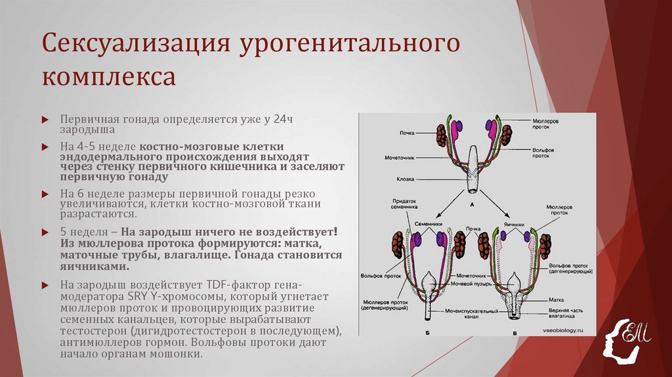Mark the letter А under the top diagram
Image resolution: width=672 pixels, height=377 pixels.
click(x=472, y=204)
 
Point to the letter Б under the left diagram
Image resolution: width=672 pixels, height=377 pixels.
click(x=428, y=335)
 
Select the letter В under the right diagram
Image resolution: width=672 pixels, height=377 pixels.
click(x=514, y=335)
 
